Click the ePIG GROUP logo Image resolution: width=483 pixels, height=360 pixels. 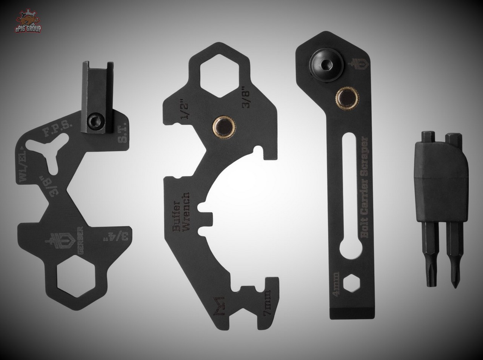pyautogui.click(x=28, y=22)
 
